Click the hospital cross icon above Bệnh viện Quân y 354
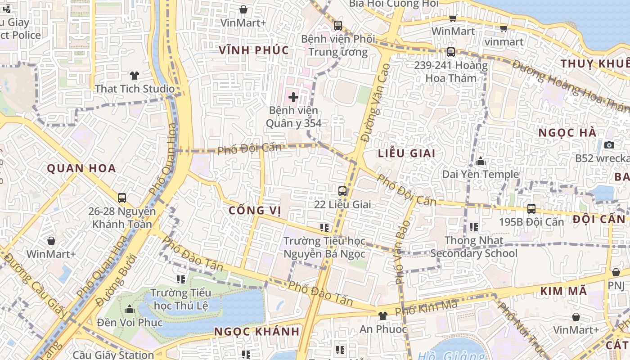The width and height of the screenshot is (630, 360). tap(293, 97)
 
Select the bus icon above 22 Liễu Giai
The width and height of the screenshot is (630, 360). tap(342, 191)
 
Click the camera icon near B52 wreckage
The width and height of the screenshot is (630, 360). tap(609, 145)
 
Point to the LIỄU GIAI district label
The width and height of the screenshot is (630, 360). tap(406, 153)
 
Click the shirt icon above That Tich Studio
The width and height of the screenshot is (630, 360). tap(134, 75)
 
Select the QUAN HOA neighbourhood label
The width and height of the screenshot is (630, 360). tap(81, 169)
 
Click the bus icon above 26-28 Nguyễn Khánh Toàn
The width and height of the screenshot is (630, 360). tap(121, 198)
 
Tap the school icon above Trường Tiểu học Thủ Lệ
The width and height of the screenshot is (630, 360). tap(181, 279)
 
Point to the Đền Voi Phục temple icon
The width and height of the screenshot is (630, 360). tap(130, 309)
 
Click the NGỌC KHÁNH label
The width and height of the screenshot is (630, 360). tap(256, 332)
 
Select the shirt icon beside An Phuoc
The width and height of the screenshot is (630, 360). tap(383, 316)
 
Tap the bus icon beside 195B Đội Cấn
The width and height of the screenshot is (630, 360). tap(531, 208)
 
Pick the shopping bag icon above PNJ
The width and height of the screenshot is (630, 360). tap(616, 272)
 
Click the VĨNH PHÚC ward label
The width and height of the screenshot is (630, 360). tap(254, 50)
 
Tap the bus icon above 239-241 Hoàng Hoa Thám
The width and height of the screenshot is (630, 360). tap(451, 52)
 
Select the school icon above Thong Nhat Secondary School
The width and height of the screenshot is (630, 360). tap(473, 227)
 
